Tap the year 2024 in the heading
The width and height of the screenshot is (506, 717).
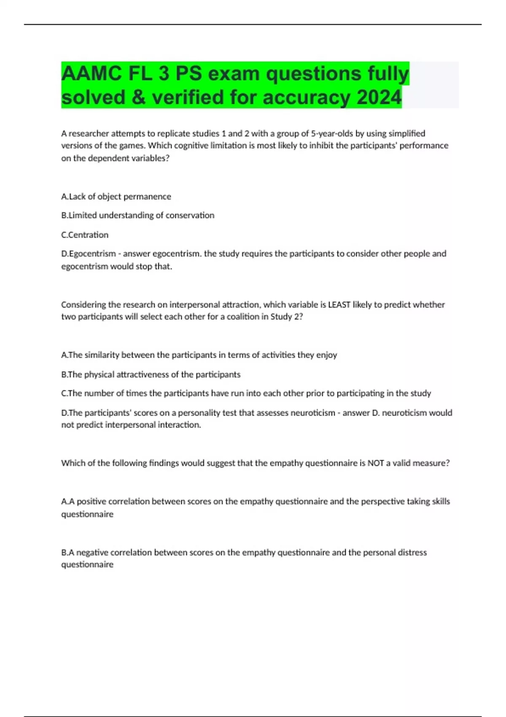[x=379, y=97]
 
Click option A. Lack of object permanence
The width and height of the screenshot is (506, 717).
[x=116, y=197]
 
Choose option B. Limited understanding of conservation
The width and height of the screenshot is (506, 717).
[x=137, y=216]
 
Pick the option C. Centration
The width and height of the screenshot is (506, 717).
[x=85, y=235]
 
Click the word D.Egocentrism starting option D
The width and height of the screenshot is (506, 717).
[x=89, y=254]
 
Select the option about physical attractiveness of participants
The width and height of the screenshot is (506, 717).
[x=151, y=375]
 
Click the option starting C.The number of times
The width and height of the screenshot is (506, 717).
[x=246, y=394]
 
